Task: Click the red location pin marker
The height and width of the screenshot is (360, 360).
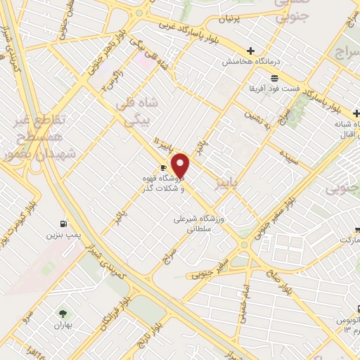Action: tap(181, 166)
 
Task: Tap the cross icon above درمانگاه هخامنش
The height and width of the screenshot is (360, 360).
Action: tap(251, 51)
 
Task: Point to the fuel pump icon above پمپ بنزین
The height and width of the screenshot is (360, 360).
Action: tap(65, 217)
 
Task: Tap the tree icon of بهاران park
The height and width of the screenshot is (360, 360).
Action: tap(64, 314)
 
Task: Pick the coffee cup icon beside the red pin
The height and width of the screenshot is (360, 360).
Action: tap(163, 167)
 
